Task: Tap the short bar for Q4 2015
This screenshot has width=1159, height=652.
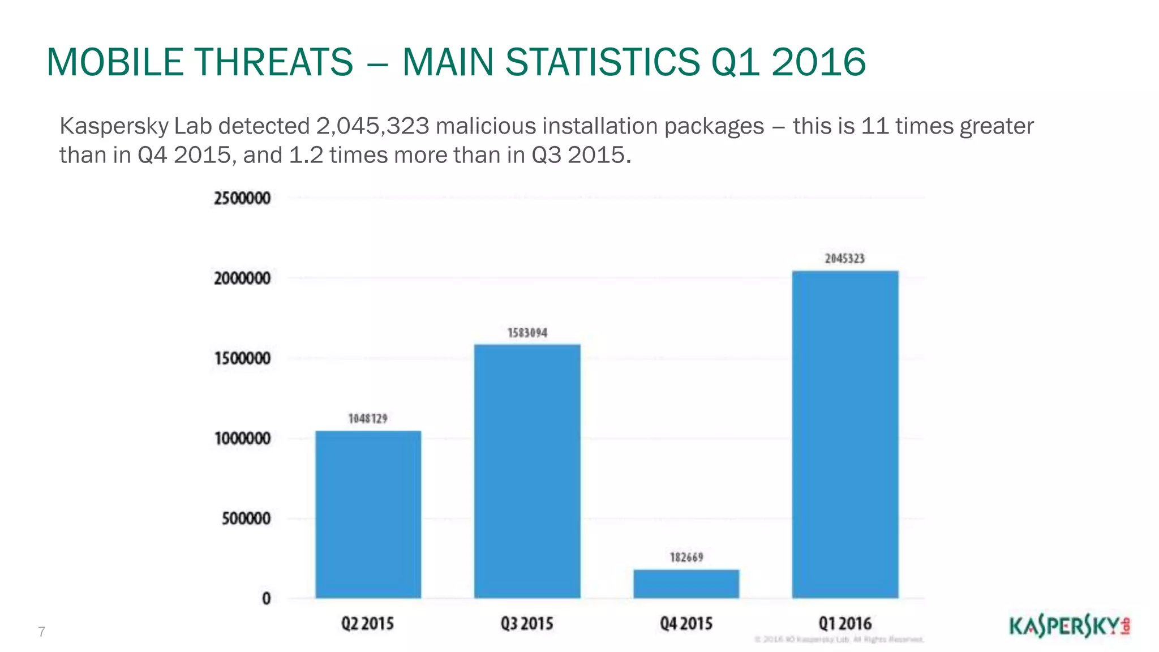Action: tap(686, 584)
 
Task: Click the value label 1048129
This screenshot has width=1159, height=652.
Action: tap(368, 419)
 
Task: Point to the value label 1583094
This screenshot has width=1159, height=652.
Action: tap(527, 333)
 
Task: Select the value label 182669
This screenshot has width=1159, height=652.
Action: tap(686, 557)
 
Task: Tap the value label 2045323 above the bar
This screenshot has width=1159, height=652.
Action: tap(844, 259)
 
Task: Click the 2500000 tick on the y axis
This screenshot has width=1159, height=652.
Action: tap(242, 199)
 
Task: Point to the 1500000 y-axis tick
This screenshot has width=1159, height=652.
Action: tap(242, 359)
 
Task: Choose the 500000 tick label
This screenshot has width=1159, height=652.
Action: tap(246, 518)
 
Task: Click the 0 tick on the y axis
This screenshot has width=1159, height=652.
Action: tap(266, 599)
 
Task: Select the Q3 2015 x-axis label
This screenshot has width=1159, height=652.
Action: tap(527, 624)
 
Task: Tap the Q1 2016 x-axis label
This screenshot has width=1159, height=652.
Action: tap(845, 624)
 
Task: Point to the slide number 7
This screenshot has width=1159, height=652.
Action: tap(41, 632)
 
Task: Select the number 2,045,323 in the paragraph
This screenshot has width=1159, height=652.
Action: tap(373, 126)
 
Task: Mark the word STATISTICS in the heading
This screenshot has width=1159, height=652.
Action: tap(602, 62)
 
